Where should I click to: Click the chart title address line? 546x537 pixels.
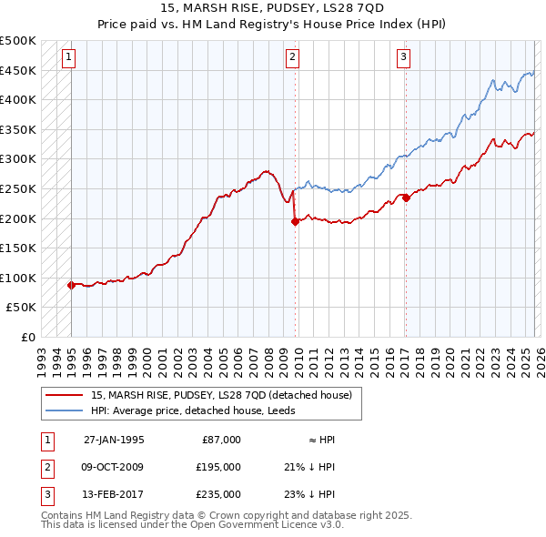(x=272, y=8)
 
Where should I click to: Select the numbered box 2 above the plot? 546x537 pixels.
(x=293, y=57)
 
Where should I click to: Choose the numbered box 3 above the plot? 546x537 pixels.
(x=403, y=57)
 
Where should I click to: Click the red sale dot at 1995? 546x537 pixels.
(x=71, y=285)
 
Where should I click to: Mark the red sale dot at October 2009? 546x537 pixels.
(x=295, y=221)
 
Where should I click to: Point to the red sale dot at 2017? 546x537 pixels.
(x=406, y=198)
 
